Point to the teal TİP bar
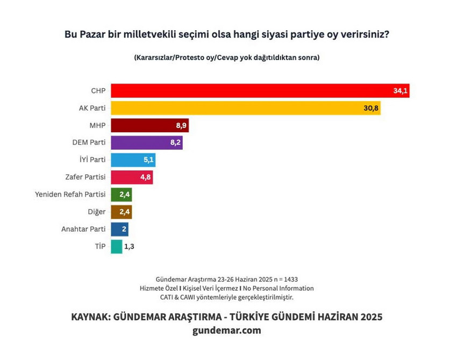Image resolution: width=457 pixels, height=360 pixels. click(x=116, y=247)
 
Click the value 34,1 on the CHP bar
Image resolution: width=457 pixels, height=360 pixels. click(x=401, y=91)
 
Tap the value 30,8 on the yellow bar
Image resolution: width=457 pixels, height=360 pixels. click(x=372, y=109)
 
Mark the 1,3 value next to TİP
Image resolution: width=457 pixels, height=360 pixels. click(x=129, y=247)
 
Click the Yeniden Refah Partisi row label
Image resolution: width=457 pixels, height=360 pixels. click(x=70, y=195)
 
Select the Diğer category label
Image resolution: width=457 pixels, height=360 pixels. click(x=96, y=212)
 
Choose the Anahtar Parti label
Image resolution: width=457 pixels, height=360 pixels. click(x=83, y=229)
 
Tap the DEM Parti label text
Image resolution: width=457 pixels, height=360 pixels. click(x=89, y=143)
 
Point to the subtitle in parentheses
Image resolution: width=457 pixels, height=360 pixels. click(x=227, y=57)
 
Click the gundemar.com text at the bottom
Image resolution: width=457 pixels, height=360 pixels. click(x=226, y=330)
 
